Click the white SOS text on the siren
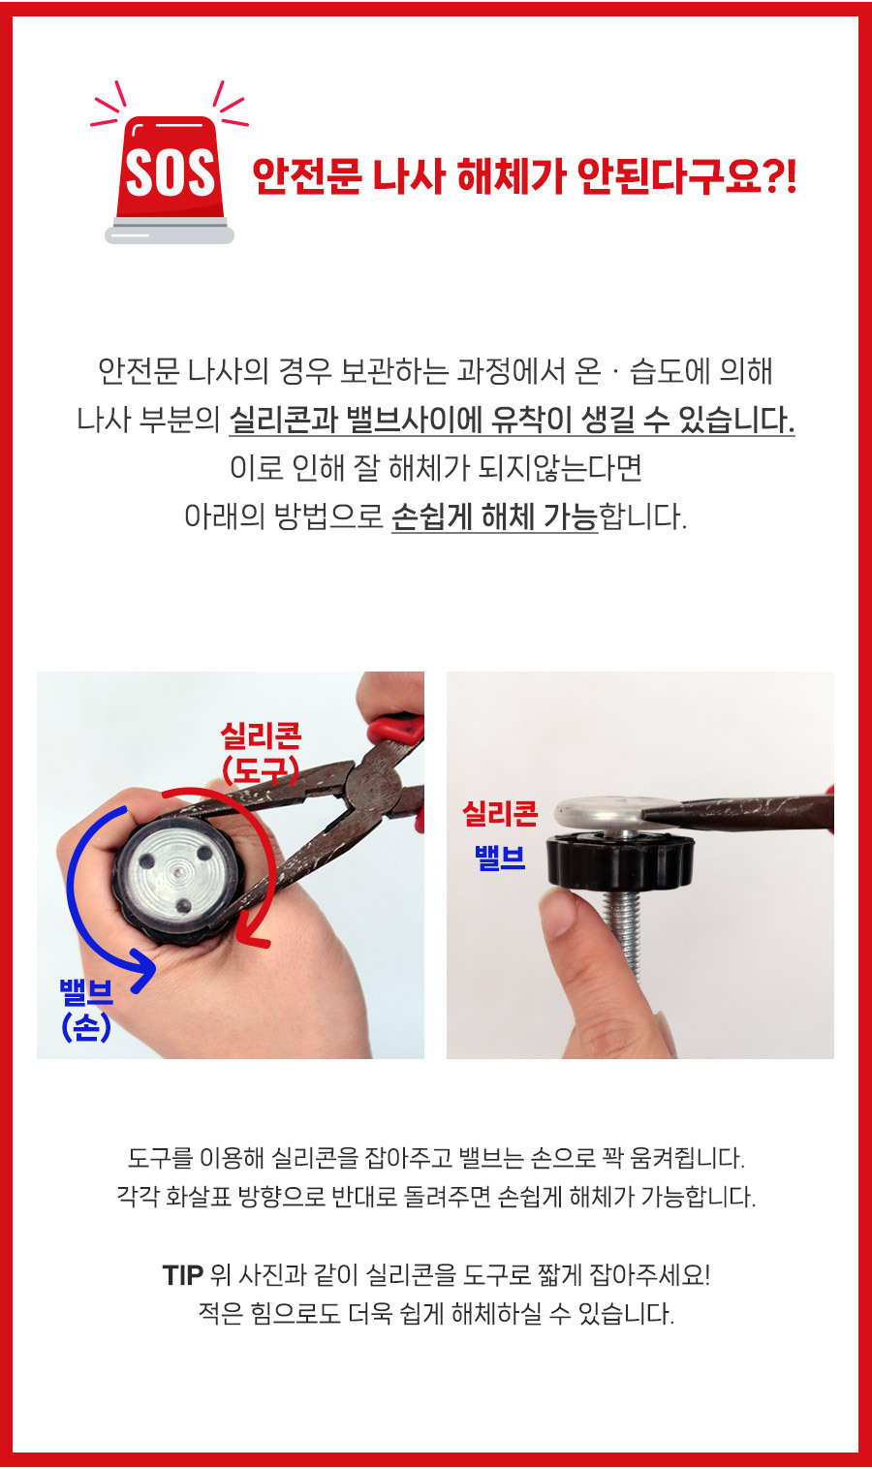[x=170, y=173]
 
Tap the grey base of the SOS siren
[x=170, y=233]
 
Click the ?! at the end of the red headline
[x=780, y=175]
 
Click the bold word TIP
[x=183, y=1274]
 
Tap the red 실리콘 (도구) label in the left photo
[x=261, y=753]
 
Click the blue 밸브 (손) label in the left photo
[x=86, y=1011]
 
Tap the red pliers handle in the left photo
[x=396, y=728]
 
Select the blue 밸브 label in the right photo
[x=500, y=858]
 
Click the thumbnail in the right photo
[x=559, y=913]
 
